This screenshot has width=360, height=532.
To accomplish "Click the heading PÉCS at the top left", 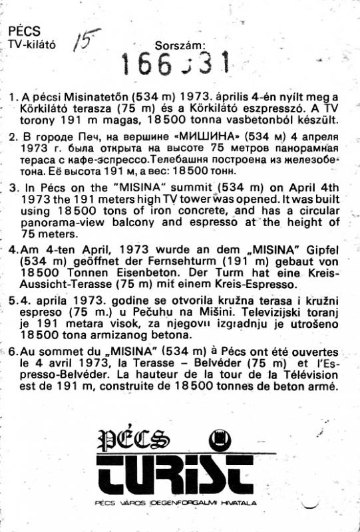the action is [x=24, y=31].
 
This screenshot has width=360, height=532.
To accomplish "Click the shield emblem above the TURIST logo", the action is [x=220, y=438].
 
